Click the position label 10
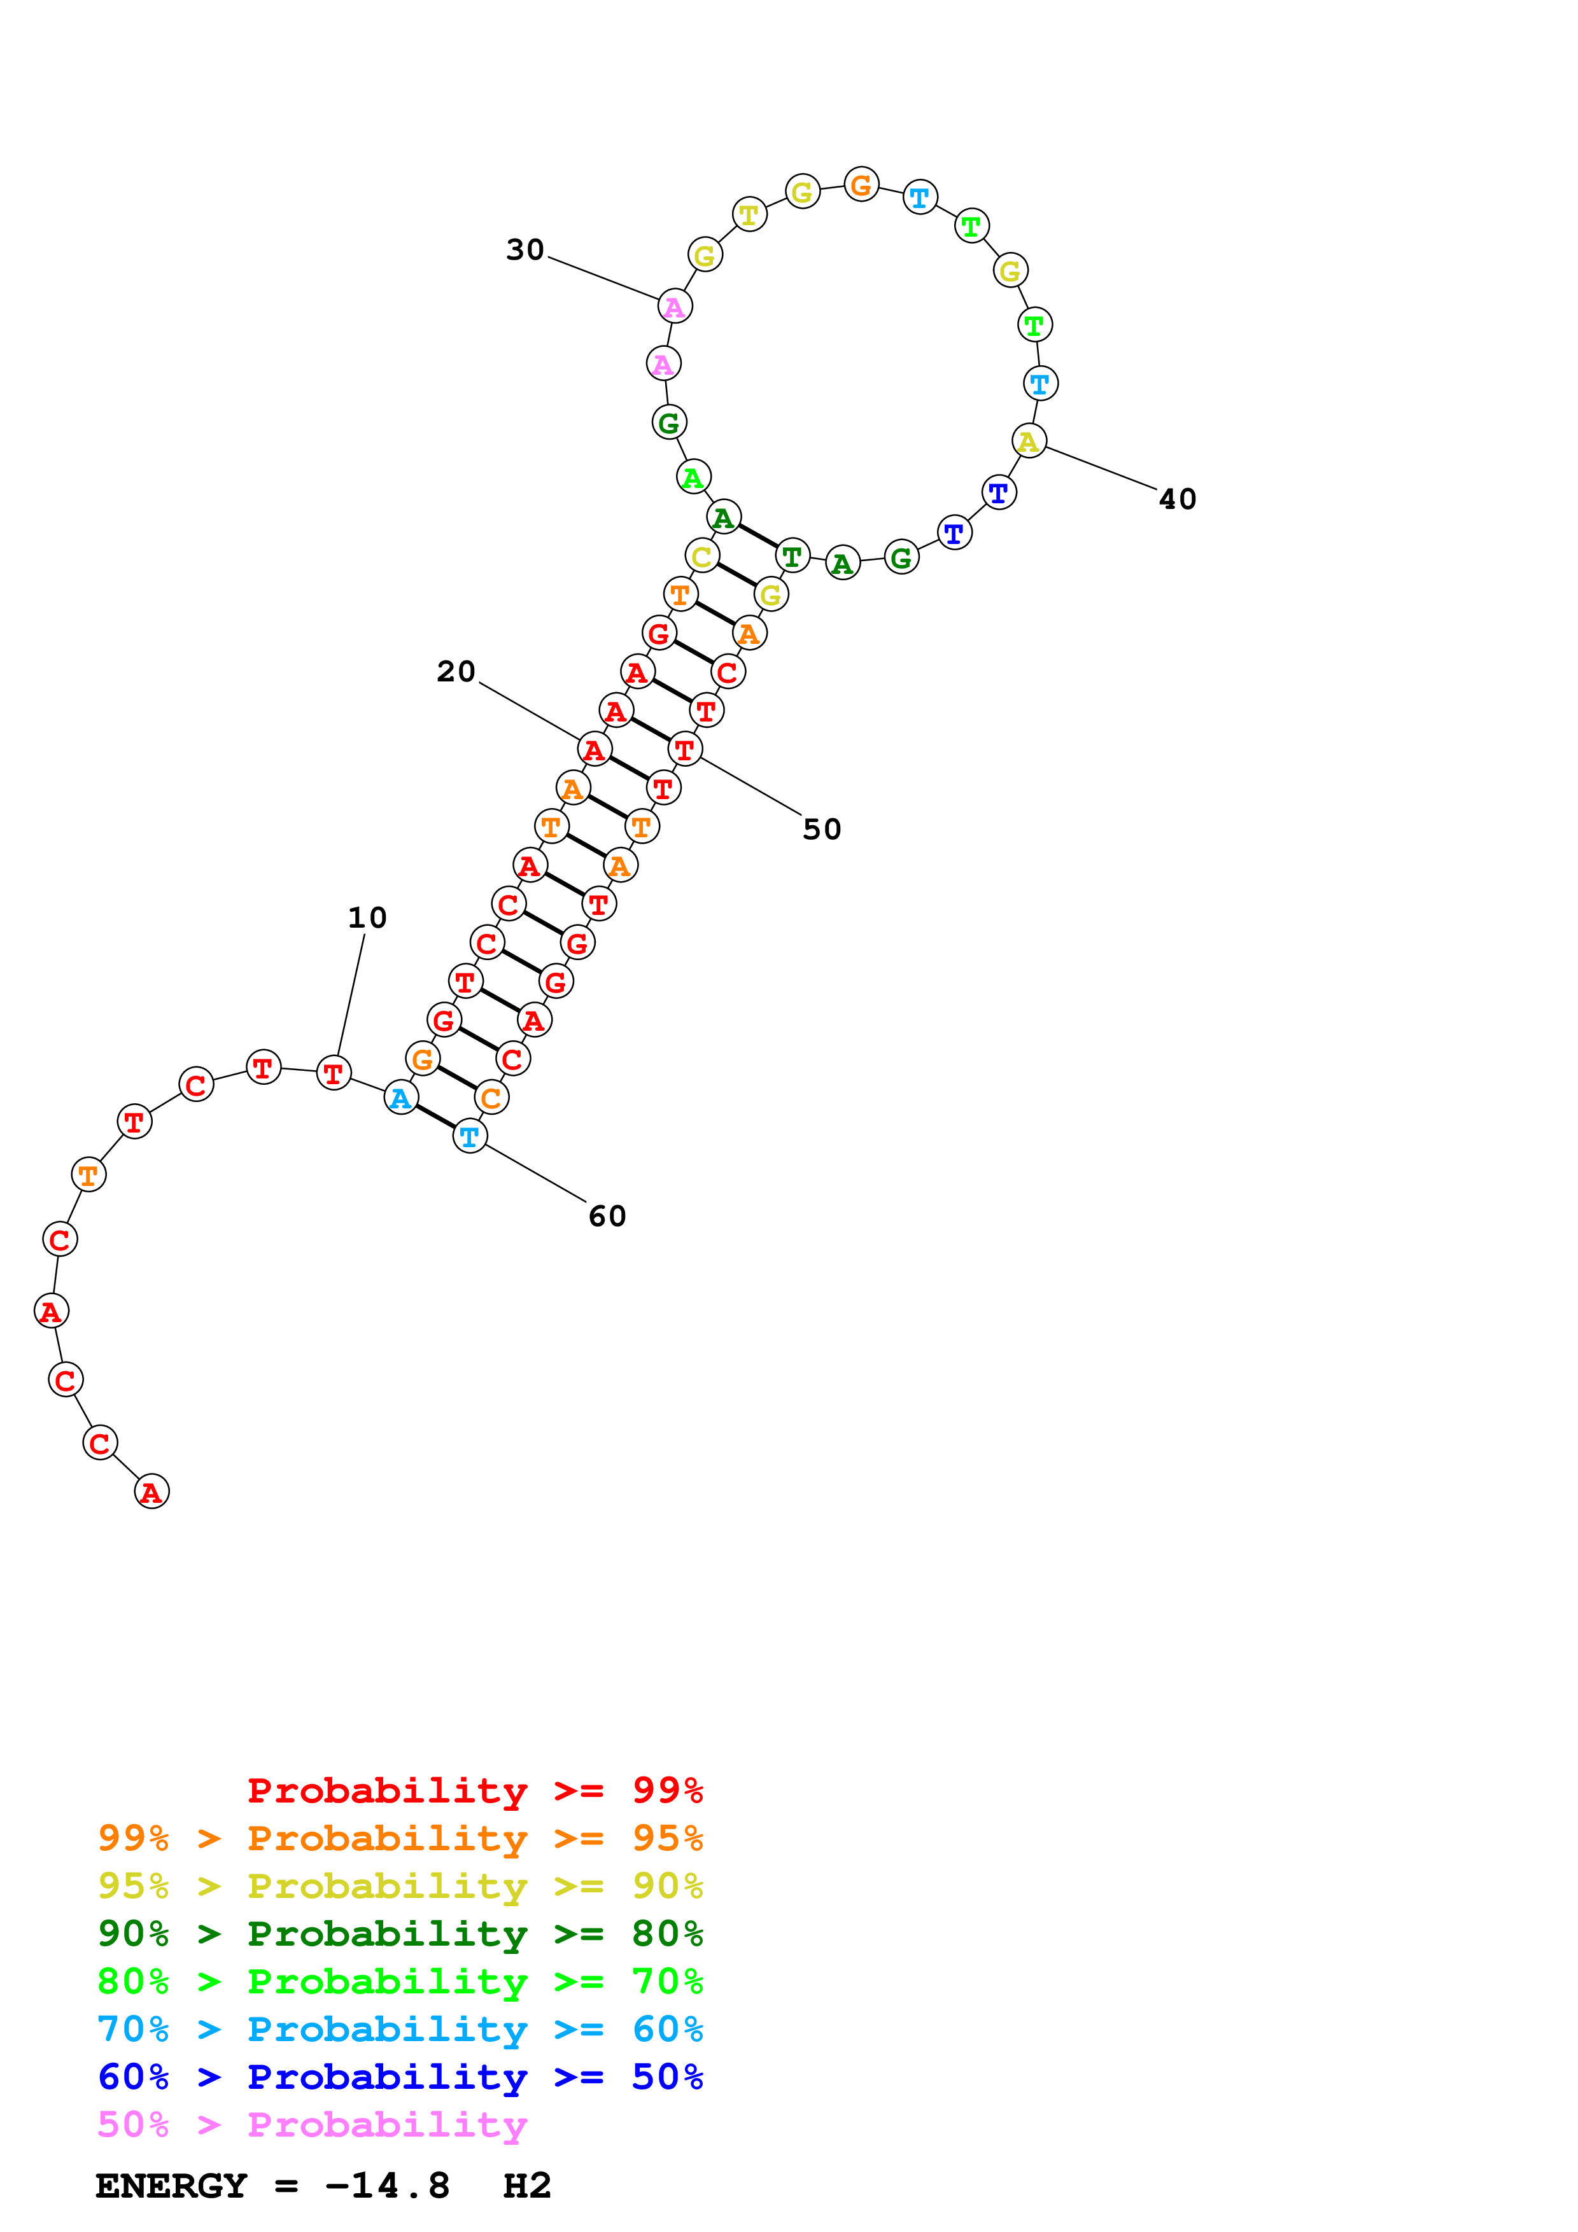[x=367, y=917]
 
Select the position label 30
[x=525, y=250]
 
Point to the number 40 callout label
[x=1178, y=499]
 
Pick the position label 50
[x=822, y=829]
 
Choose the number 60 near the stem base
[x=608, y=1216]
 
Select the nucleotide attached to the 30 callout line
[x=675, y=306]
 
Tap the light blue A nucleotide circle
[x=400, y=1098]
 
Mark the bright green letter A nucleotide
[x=693, y=477]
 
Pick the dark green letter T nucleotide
[x=793, y=556]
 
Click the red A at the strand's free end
[x=151, y=1491]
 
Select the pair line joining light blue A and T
[x=435, y=1117]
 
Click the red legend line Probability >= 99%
[x=474, y=1790]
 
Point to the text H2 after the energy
[x=527, y=2186]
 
